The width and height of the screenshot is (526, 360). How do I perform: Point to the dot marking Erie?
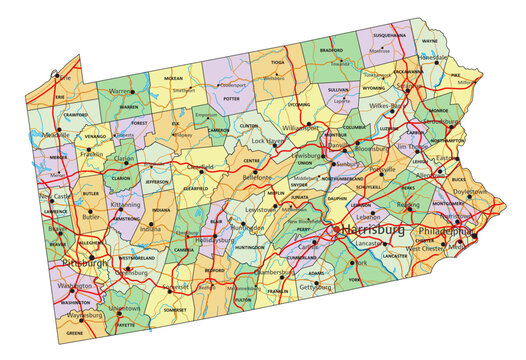pos(61,74)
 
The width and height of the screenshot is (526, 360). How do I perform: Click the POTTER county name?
pos(232,99)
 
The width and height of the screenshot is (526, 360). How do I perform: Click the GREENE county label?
pos(74,332)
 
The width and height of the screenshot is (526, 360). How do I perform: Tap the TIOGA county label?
pos(277,61)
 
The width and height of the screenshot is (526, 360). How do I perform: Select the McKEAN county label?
pos(173,78)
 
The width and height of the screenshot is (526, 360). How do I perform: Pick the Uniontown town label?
pos(122,309)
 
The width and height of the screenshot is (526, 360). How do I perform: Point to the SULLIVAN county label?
pos(338,89)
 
